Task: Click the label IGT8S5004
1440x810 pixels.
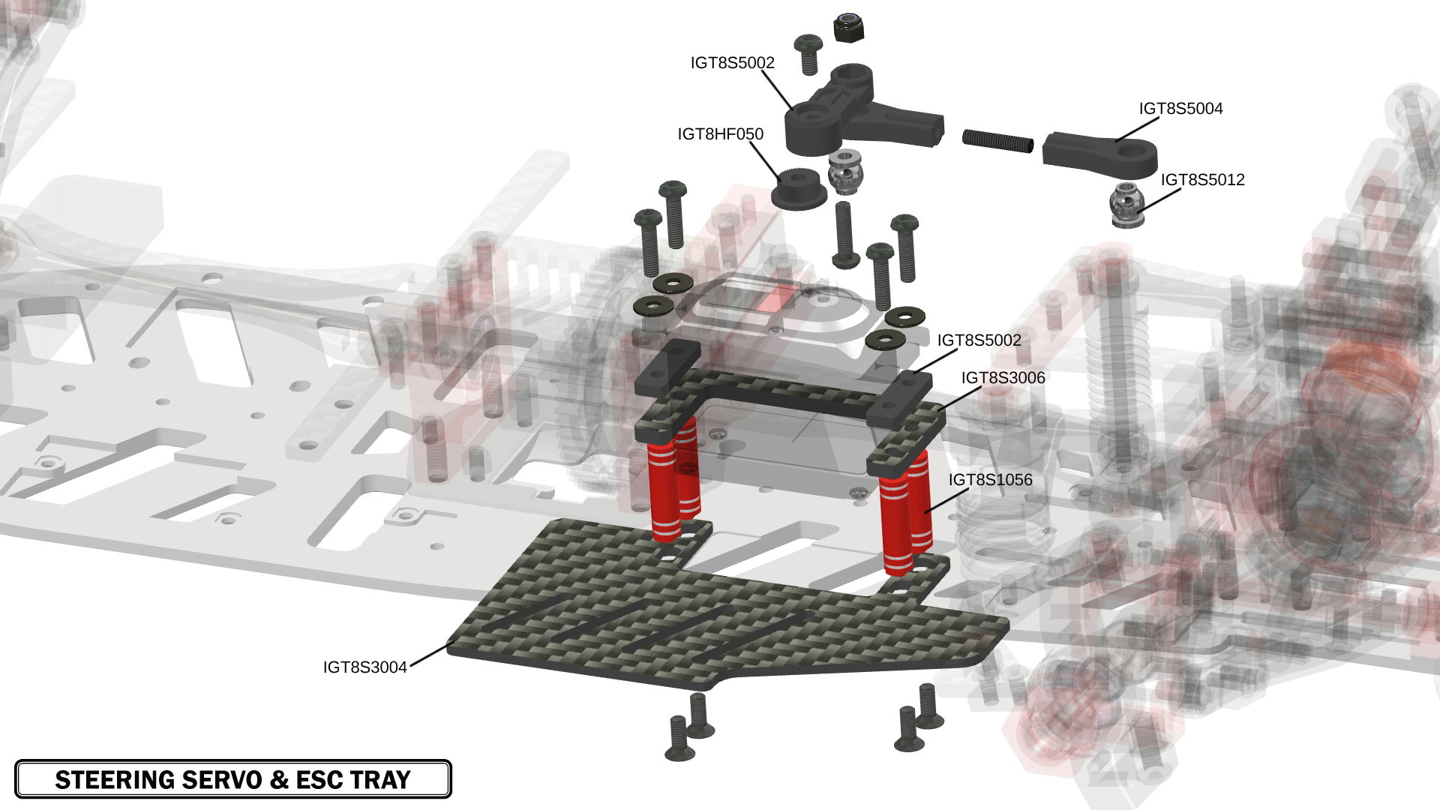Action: pos(1180,109)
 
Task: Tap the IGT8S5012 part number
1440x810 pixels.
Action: pos(1202,180)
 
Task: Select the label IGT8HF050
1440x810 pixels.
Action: pos(720,134)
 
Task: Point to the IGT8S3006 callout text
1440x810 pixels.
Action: pos(1003,378)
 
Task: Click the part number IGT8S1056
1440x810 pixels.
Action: pos(990,480)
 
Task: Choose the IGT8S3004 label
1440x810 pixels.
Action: pos(364,667)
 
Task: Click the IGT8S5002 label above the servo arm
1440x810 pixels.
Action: pos(732,63)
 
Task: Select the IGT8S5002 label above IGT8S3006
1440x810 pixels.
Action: pos(979,340)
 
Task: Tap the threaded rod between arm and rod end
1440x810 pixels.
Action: pos(997,140)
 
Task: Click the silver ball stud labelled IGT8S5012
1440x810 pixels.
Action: pos(1126,204)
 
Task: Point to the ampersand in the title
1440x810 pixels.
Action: pos(280,780)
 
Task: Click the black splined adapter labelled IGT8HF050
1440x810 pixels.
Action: pos(799,189)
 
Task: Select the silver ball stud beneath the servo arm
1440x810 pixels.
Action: pos(846,172)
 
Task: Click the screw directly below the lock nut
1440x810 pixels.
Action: pos(808,54)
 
